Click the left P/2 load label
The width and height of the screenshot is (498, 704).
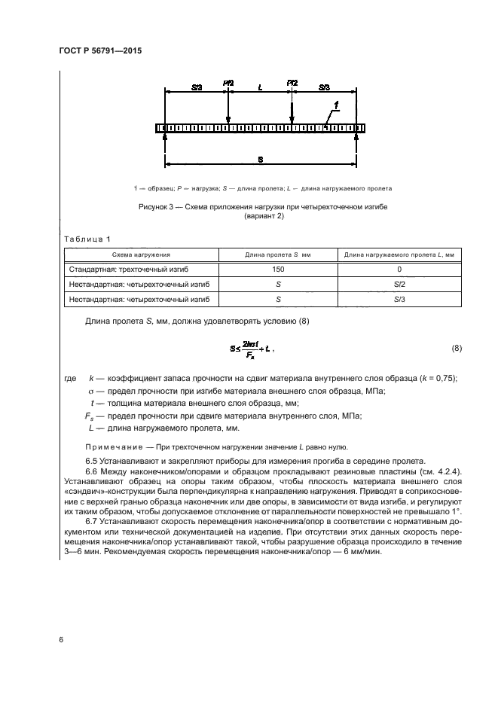coord(228,82)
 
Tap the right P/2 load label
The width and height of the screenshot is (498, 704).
coord(292,82)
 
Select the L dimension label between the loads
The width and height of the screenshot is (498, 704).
coord(260,87)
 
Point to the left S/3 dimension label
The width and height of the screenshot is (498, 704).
coord(197,87)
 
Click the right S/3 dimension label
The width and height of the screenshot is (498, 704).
coord(324,87)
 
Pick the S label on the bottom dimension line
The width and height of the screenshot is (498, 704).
coord(260,160)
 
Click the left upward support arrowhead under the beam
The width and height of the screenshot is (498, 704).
coord(164,136)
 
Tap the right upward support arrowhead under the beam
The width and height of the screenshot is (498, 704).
coord(356,136)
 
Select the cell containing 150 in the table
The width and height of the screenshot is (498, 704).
coord(278,269)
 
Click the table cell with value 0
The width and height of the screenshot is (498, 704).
coord(399,269)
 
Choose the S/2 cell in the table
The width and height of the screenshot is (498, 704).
coord(399,284)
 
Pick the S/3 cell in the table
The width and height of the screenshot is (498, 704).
coord(399,299)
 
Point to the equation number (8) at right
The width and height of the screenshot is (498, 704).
coord(457,349)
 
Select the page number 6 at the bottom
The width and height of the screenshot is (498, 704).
coord(60,639)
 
